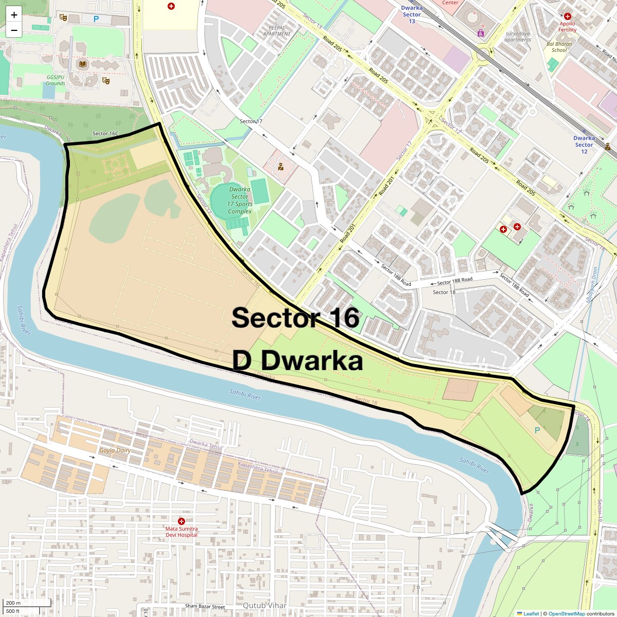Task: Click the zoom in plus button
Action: [x=14, y=15]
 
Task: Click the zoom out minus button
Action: [x=14, y=30]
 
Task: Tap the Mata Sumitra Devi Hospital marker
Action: [x=181, y=521]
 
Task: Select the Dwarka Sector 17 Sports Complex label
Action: [x=240, y=200]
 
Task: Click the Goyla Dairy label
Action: [x=115, y=450]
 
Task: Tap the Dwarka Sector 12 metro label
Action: [x=584, y=144]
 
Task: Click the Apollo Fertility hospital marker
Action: [x=567, y=17]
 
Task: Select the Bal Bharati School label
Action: [x=559, y=47]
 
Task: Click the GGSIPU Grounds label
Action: [x=56, y=80]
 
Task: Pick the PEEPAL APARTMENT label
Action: [x=277, y=31]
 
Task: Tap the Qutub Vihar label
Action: [x=264, y=605]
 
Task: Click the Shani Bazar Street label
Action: [x=205, y=607]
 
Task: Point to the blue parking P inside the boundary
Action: [x=537, y=430]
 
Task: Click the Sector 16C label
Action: [x=105, y=134]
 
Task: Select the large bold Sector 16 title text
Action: [x=295, y=318]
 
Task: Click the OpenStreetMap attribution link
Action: [x=567, y=613]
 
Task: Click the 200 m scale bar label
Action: [x=14, y=603]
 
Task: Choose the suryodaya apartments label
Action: [x=518, y=37]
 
